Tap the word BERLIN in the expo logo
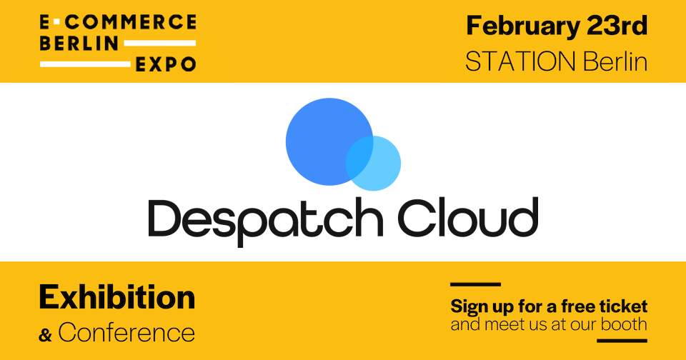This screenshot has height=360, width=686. click(79, 43)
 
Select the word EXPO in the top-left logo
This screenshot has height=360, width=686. click(166, 64)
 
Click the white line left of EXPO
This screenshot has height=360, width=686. click(85, 64)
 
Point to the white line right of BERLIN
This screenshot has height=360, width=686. click(159, 43)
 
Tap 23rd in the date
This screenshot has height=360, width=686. click(615, 26)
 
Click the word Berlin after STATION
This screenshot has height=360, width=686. click(615, 61)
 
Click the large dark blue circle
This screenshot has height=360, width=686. click(322, 136)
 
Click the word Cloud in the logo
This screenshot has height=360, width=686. click(467, 217)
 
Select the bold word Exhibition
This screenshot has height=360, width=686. click(116, 297)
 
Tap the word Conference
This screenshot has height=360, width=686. click(126, 332)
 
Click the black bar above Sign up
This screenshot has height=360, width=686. click(475, 285)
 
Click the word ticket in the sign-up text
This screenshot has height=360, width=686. click(625, 307)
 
